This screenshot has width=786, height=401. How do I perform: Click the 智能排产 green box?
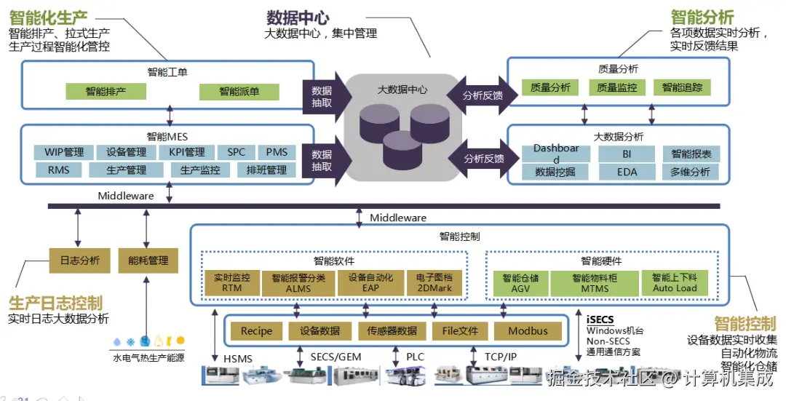(x=106, y=92)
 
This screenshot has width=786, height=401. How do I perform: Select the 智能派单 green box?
(x=239, y=92)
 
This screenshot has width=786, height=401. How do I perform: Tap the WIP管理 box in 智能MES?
(x=64, y=152)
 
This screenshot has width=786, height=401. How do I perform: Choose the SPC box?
(x=236, y=152)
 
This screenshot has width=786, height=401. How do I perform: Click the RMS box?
(x=60, y=170)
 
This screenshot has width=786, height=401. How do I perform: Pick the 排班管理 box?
(x=266, y=170)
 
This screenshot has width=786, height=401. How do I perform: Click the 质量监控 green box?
(x=616, y=87)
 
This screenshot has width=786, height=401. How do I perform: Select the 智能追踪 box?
(x=682, y=87)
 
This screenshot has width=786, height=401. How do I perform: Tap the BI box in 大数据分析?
(x=627, y=154)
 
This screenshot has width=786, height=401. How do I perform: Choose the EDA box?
(x=627, y=172)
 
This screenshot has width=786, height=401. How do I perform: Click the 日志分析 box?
(x=79, y=260)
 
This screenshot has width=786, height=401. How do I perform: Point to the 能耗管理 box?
(x=148, y=260)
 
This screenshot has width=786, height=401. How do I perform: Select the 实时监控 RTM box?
(x=231, y=283)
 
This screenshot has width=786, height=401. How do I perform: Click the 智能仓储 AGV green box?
(x=520, y=283)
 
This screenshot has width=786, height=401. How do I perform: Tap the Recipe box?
(x=256, y=331)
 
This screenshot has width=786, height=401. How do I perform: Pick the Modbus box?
(x=528, y=331)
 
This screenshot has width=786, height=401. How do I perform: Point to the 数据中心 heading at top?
(x=297, y=17)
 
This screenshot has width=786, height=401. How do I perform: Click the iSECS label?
(x=600, y=319)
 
